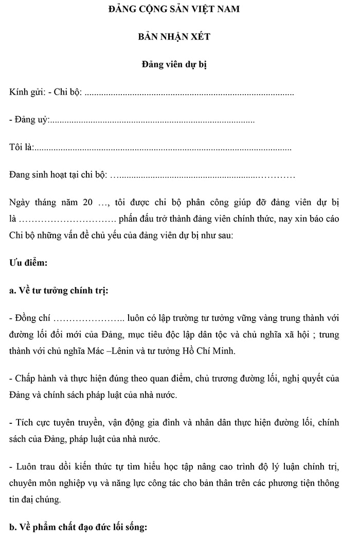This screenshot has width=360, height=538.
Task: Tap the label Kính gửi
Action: click(25, 93)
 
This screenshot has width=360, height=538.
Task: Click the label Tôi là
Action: click(21, 148)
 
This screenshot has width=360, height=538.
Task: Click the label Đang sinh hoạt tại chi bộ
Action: click(57, 175)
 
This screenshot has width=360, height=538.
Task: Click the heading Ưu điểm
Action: click(28, 263)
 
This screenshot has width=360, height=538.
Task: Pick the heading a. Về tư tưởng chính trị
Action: click(59, 290)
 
